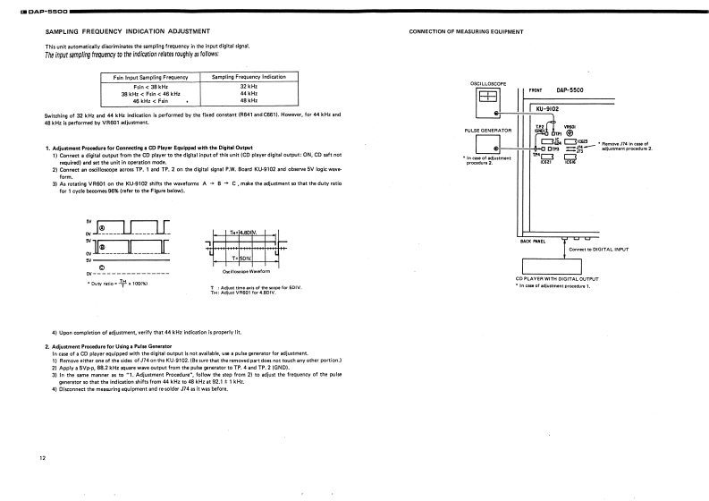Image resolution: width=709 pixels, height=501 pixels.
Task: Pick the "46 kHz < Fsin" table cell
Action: point(150,101)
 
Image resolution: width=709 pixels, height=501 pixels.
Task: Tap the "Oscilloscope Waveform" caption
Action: point(241,271)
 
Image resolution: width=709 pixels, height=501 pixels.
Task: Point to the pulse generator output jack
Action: point(498,150)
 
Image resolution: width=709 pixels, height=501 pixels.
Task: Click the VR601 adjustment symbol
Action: point(570,133)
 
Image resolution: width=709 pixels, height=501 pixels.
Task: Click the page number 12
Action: point(43,458)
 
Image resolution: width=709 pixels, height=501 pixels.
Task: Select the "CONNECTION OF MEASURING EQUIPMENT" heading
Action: point(466,31)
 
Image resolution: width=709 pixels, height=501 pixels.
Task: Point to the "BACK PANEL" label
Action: point(534,241)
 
